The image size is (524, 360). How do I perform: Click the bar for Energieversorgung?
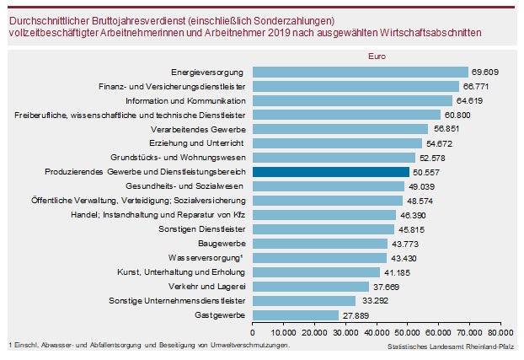click(x=360, y=72)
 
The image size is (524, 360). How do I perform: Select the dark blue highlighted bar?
click(x=330, y=171)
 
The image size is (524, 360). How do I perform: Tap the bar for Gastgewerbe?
click(x=295, y=314)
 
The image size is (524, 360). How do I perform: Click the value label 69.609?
click(x=487, y=72)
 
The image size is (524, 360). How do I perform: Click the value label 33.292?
click(x=374, y=300)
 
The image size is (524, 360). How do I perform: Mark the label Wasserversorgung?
click(x=209, y=257)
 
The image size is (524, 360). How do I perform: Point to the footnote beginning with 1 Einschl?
click(x=148, y=345)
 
